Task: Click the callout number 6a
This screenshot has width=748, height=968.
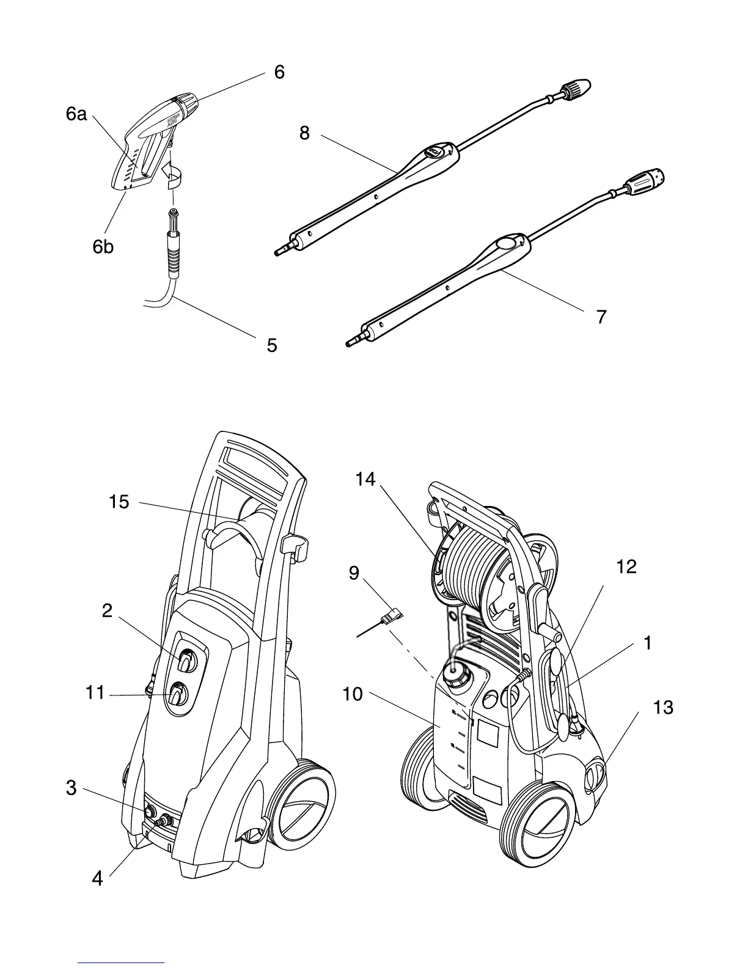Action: point(76,114)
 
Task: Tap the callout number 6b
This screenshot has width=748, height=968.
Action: point(103,247)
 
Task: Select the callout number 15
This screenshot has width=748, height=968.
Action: point(119,502)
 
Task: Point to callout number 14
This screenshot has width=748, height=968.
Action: point(365,480)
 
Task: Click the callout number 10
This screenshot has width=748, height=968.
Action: point(353,694)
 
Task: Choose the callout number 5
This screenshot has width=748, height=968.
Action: point(272,345)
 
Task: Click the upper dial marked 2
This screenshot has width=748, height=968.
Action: point(187,662)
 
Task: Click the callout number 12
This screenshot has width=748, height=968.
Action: point(626,566)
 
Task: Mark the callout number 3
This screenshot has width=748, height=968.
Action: point(71,788)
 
